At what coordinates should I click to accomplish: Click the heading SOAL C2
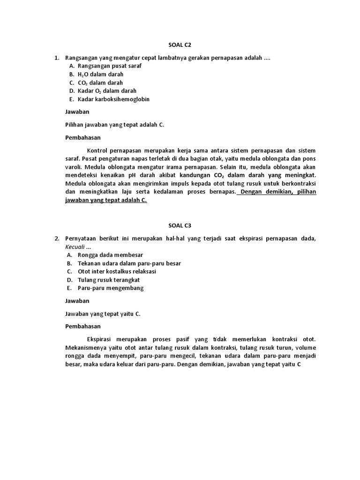(x=180, y=45)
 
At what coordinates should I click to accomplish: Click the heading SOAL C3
(x=180, y=225)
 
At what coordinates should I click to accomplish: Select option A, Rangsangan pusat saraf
(x=109, y=66)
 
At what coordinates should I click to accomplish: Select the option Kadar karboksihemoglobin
(x=113, y=99)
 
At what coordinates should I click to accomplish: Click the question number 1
(x=56, y=58)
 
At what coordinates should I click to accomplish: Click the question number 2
(x=56, y=239)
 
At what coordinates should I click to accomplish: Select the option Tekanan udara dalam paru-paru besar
(x=129, y=263)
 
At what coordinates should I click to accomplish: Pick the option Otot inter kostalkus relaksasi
(x=117, y=271)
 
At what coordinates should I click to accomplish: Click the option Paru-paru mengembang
(x=111, y=288)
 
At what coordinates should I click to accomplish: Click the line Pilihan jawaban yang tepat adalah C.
(x=114, y=125)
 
